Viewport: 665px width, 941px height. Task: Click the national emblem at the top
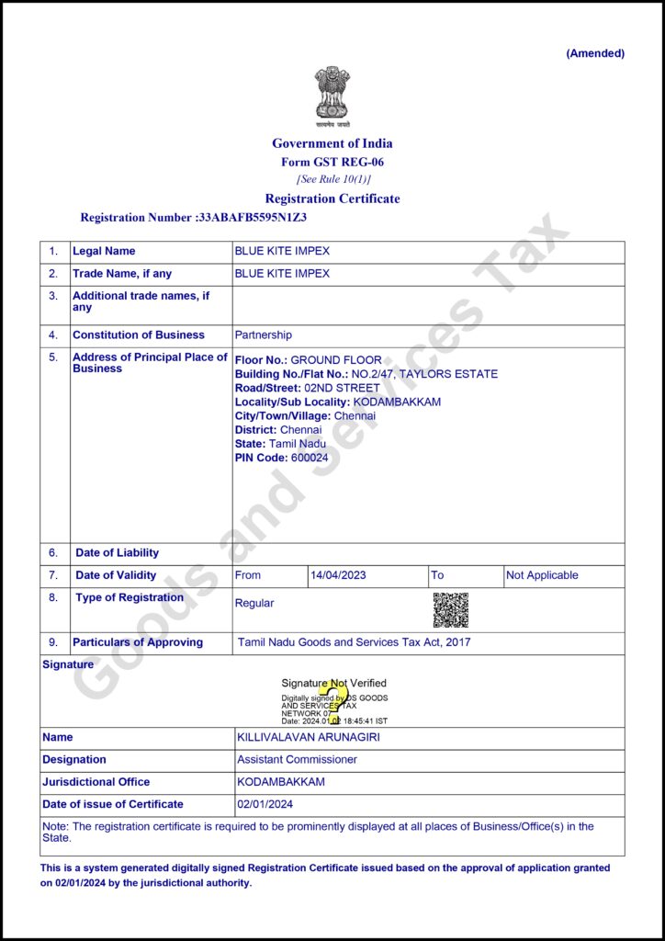pos(332,94)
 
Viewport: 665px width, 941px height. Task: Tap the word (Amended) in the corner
pos(595,53)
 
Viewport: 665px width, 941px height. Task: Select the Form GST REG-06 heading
pos(332,162)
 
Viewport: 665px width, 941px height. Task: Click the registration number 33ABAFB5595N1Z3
pos(252,218)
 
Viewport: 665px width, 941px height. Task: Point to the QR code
pos(450,610)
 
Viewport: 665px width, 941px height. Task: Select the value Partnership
pos(264,335)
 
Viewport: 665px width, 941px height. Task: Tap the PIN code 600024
pos(309,458)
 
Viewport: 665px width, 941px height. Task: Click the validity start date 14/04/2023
pos(338,575)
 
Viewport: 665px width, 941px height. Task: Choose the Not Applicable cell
pos(542,575)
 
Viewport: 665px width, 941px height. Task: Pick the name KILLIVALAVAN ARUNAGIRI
pos(308,737)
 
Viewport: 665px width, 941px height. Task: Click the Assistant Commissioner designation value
pos(297,760)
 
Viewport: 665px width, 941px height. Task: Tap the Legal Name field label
pos(104,252)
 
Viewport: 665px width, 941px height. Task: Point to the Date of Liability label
pos(117,553)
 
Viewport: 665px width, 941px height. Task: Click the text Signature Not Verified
pos(333,683)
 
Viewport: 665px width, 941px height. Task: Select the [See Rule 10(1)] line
pos(332,179)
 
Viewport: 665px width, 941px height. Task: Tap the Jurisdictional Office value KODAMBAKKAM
pos(280,782)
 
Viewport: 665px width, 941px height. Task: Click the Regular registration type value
pos(254,604)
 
